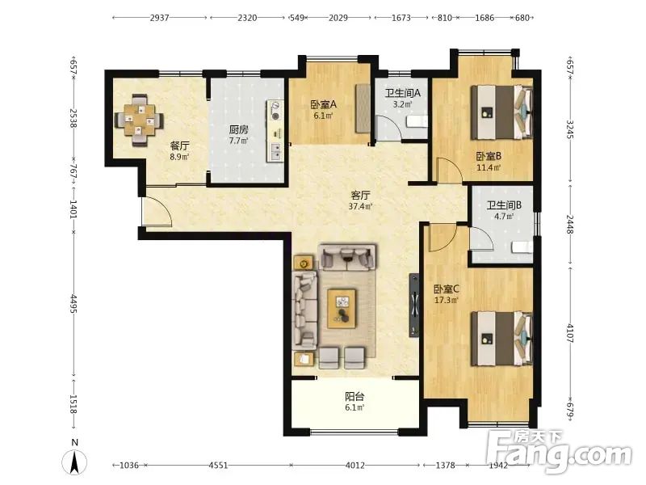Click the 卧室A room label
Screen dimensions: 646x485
(x=324, y=104)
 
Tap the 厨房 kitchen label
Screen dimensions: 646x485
(x=238, y=129)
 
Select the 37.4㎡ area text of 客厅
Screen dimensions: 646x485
(x=360, y=206)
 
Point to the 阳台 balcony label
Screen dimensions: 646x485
(x=354, y=397)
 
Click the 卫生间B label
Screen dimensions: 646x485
(x=504, y=205)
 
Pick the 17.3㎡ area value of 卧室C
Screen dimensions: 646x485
(x=447, y=300)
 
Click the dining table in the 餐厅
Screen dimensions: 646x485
(x=139, y=120)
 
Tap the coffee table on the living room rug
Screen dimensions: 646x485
(x=342, y=309)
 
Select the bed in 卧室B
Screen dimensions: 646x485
(x=501, y=112)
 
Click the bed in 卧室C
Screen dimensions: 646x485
(x=501, y=339)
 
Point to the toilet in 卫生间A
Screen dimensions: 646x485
(x=417, y=122)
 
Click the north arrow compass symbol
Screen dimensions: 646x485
(x=74, y=462)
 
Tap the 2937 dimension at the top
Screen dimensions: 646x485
(x=159, y=18)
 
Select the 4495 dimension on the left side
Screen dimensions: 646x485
(x=73, y=304)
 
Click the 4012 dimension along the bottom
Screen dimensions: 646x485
(x=354, y=466)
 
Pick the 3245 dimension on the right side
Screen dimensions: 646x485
(x=570, y=129)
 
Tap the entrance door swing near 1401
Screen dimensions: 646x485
(x=157, y=211)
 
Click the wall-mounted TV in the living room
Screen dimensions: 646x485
(x=413, y=306)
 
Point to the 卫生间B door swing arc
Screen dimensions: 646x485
(x=481, y=238)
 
